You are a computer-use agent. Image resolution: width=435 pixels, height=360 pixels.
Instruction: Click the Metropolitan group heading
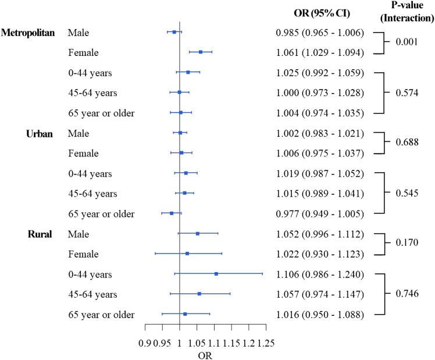point(28,33)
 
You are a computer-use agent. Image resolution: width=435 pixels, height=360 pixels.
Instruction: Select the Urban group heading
point(40,133)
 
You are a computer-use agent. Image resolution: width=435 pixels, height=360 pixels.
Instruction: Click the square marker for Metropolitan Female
point(201,52)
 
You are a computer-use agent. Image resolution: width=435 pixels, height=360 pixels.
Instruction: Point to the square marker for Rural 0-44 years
point(216,273)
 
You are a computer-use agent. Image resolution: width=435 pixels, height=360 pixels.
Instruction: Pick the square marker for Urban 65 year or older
point(172,213)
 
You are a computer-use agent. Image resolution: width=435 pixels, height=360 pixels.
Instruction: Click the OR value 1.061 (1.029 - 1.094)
point(320,53)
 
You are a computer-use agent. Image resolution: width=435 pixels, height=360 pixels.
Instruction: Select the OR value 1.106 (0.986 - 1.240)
point(320,275)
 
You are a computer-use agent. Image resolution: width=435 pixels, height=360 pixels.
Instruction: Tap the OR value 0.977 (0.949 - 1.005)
point(320,214)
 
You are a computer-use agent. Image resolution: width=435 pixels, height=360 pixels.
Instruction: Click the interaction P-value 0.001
point(407,42)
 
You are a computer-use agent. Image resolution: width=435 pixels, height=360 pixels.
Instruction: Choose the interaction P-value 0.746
point(407,294)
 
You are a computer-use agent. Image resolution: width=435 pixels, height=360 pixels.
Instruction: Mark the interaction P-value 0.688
point(407,143)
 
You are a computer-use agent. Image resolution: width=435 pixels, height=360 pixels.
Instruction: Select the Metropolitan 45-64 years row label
point(92,93)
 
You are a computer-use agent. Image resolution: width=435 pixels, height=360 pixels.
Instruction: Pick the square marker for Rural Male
point(198,233)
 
